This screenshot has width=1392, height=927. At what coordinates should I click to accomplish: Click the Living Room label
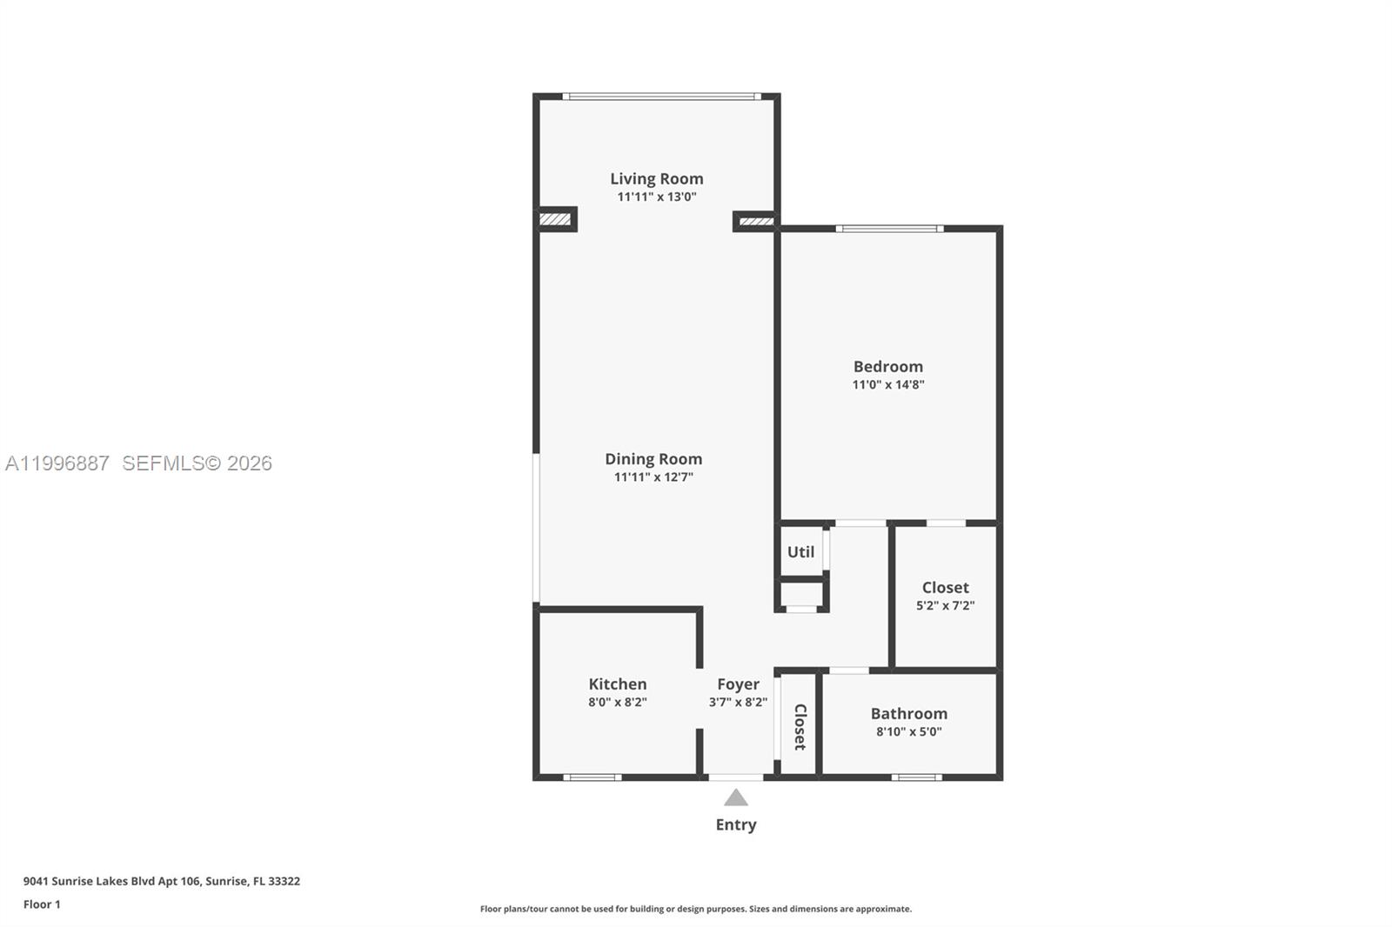coord(656,178)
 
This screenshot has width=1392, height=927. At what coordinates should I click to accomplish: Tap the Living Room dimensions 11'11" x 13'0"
coord(656,197)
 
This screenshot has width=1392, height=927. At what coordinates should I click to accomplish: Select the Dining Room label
coord(653,458)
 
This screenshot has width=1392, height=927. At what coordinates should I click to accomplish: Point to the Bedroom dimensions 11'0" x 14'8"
coord(887,384)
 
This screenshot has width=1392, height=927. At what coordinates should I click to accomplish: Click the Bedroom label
coord(887,366)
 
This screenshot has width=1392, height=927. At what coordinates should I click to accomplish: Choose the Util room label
coord(800,551)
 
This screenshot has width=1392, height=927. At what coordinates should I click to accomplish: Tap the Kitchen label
coord(617,684)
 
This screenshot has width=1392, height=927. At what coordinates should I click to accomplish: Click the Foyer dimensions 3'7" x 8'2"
coord(738,702)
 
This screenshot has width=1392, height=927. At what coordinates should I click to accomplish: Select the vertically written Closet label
coord(800,726)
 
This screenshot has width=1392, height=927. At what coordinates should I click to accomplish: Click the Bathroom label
coord(908,713)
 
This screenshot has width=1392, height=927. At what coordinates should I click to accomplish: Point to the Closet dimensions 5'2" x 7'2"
coord(945,605)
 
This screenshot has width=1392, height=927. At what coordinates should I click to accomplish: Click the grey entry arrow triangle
coord(736,797)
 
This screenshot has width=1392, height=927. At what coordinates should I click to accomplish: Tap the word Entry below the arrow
coord(736,824)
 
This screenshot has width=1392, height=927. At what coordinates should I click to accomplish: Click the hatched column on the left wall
coord(555,219)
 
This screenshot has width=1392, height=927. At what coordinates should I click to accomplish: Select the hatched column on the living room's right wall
coord(755,221)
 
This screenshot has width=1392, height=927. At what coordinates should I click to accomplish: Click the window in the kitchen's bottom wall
coord(592,777)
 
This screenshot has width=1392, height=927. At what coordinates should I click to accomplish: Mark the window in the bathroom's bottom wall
coord(916,777)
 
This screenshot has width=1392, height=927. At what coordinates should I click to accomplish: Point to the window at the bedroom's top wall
coord(889,229)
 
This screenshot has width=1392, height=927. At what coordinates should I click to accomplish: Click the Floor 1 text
coord(42,904)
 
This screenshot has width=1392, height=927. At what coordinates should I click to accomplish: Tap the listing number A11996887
coord(57,463)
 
